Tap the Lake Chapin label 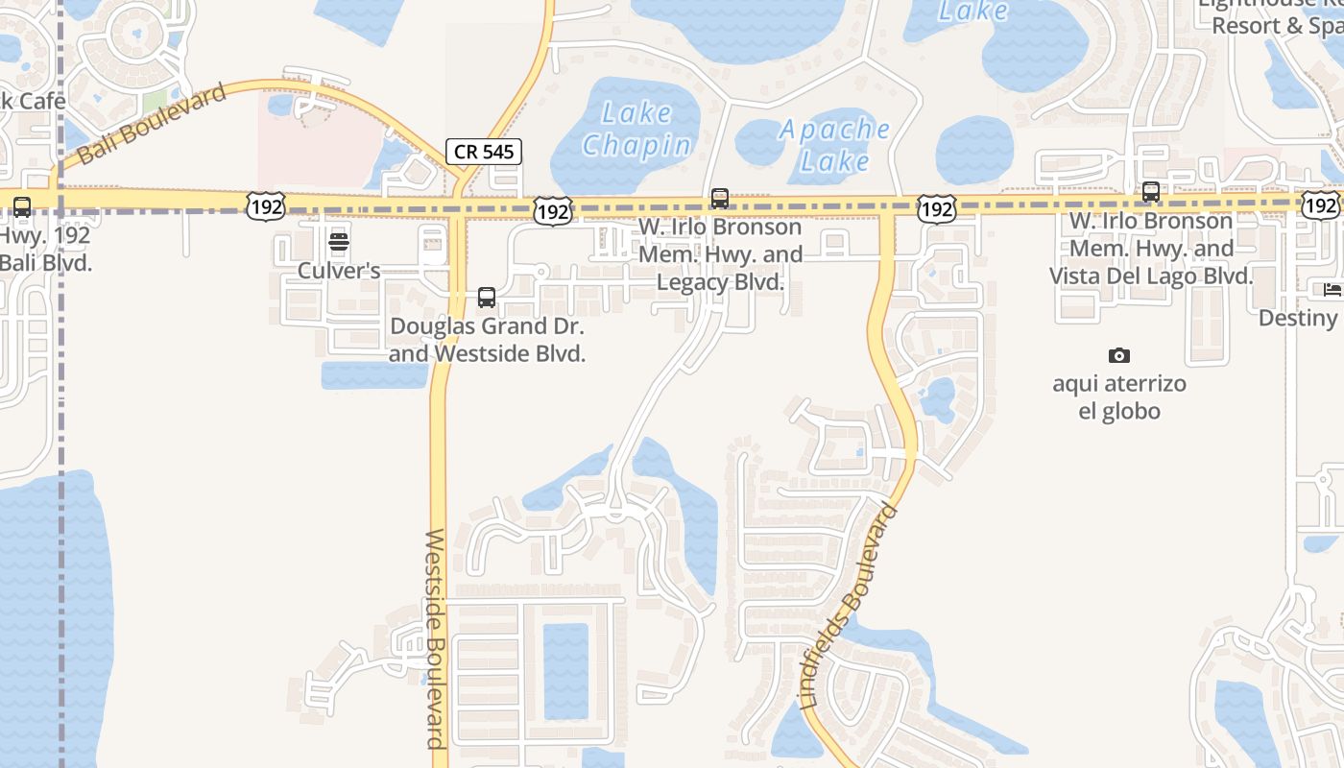pyautogui.click(x=636, y=129)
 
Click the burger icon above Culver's pyautogui.click(x=339, y=241)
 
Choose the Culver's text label pyautogui.click(x=339, y=271)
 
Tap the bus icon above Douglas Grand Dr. pyautogui.click(x=487, y=298)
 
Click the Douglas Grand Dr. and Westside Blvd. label pyautogui.click(x=487, y=340)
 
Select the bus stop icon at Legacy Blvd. pyautogui.click(x=719, y=199)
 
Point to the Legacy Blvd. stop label pyautogui.click(x=720, y=255)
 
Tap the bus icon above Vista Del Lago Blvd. pyautogui.click(x=1150, y=192)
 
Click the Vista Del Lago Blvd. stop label pyautogui.click(x=1150, y=249)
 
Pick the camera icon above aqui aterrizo pyautogui.click(x=1119, y=356)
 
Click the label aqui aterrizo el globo pyautogui.click(x=1119, y=397)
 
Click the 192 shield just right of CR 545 pyautogui.click(x=553, y=211)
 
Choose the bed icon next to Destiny pyautogui.click(x=1332, y=289)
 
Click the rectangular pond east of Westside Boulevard pyautogui.click(x=565, y=671)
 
